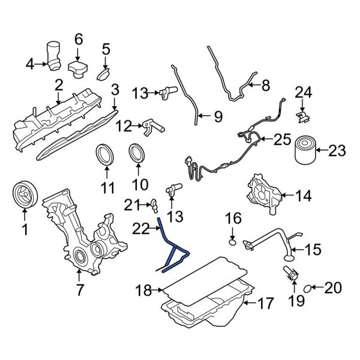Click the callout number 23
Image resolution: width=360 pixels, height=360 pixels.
(337, 151)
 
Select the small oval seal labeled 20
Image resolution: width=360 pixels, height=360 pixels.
(307, 289)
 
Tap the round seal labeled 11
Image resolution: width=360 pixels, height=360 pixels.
(107, 154)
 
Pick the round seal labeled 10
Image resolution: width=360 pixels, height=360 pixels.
(137, 154)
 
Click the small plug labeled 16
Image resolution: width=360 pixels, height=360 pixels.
(233, 242)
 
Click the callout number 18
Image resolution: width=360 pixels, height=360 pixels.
(142, 291)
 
